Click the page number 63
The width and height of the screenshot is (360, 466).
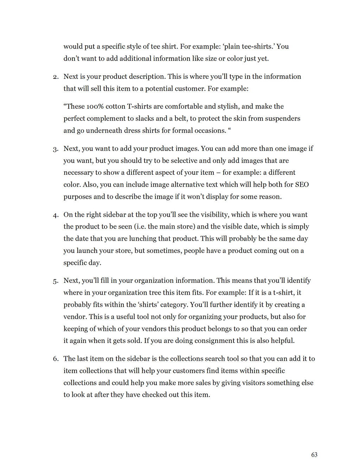pos(314,455)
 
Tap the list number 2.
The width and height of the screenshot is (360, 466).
pos(56,77)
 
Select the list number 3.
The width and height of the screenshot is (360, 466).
pos(56,149)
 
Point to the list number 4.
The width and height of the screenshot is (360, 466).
pos(56,215)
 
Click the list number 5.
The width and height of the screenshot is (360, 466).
pos(56,281)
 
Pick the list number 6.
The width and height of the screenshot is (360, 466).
pos(56,359)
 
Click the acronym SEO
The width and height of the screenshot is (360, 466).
pos(302,185)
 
